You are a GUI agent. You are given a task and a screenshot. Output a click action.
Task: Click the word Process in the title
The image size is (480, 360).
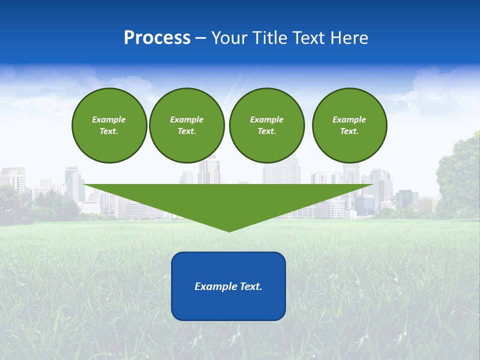coord(157,38)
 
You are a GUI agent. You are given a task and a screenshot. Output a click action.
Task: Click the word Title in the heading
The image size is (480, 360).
coord(270,38)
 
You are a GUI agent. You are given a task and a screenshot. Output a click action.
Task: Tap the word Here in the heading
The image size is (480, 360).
coord(349,38)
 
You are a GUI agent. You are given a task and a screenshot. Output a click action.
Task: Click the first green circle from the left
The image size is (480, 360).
coord(109,125)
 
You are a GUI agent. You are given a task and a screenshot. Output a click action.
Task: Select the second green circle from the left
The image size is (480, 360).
coord(186,125)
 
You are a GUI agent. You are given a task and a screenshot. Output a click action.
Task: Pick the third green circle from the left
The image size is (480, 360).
coord(266,125)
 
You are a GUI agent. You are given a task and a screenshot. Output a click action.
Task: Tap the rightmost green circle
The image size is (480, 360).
coord(349,125)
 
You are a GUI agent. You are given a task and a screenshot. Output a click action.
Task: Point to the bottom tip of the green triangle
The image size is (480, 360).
coord(229,231)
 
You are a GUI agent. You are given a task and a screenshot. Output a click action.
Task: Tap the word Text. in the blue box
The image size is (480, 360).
coord(250,286)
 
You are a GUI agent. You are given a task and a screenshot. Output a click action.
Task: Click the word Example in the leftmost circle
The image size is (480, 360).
coord(109,119)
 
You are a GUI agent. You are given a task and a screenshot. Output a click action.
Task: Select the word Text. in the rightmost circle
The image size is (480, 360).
coord(349,131)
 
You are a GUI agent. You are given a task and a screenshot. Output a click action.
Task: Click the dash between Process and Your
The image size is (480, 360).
coord(201,38)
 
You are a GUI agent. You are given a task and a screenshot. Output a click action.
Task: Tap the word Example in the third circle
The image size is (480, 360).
coord(266,119)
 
